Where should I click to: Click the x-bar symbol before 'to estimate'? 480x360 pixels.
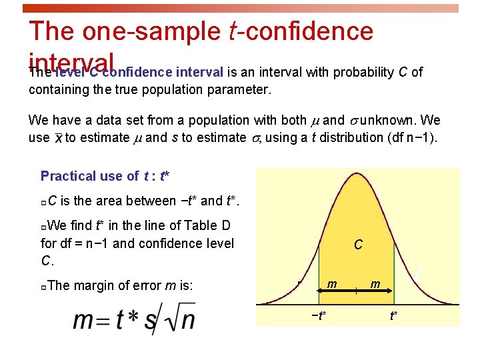pos(58,138)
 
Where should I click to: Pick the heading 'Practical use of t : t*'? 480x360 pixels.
pos(105,176)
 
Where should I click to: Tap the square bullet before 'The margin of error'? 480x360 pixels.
pos(43,287)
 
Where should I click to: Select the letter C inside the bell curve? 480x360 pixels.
pos(358,245)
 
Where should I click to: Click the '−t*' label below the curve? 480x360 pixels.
pos(319,315)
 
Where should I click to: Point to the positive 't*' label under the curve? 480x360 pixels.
pos(394,315)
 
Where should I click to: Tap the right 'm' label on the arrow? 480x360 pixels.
pos(375,285)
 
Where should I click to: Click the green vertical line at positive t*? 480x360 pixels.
pos(395,267)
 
